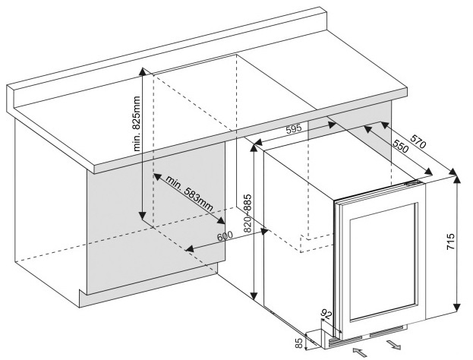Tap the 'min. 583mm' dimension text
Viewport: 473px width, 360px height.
pyautogui.click(x=187, y=195)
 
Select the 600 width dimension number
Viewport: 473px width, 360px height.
pyautogui.click(x=225, y=236)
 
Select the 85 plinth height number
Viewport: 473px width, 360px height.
pyautogui.click(x=298, y=343)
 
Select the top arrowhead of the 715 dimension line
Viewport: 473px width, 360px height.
pyautogui.click(x=457, y=178)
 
